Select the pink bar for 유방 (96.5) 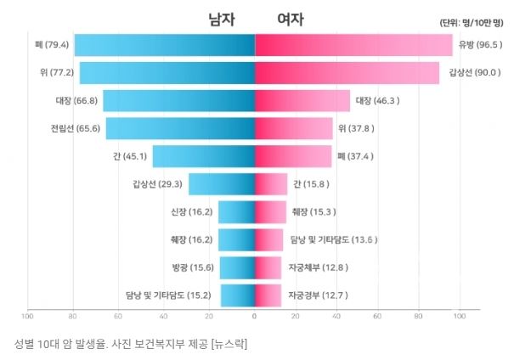pos(353,45)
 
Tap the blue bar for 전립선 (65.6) pos(180,128)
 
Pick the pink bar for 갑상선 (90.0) pos(347,73)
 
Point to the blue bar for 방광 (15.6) pos(237,267)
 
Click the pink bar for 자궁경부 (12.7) pos(268,295)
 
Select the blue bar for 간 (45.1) pos(204,156)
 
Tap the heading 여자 pos(291,19)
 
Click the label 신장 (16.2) pos(193,212)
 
